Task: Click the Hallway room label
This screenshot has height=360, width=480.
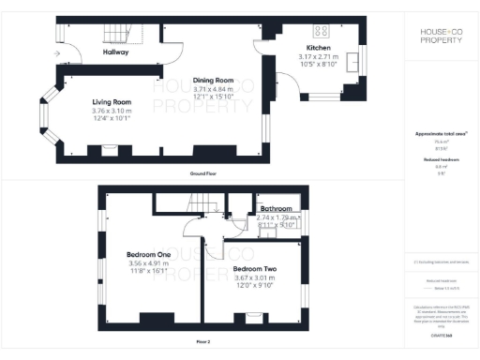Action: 116,52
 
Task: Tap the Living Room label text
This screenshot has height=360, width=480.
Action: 111,101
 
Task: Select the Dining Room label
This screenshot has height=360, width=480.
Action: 212,80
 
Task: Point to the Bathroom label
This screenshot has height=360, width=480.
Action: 277,209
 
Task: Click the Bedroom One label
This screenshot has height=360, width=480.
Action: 147,253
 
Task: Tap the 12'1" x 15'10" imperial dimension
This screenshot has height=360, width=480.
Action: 212,96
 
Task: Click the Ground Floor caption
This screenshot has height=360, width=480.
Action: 203,174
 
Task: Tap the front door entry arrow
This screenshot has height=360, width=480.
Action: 59,55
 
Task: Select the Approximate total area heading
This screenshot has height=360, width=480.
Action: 440,134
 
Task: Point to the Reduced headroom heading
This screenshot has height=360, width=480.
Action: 440,160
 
